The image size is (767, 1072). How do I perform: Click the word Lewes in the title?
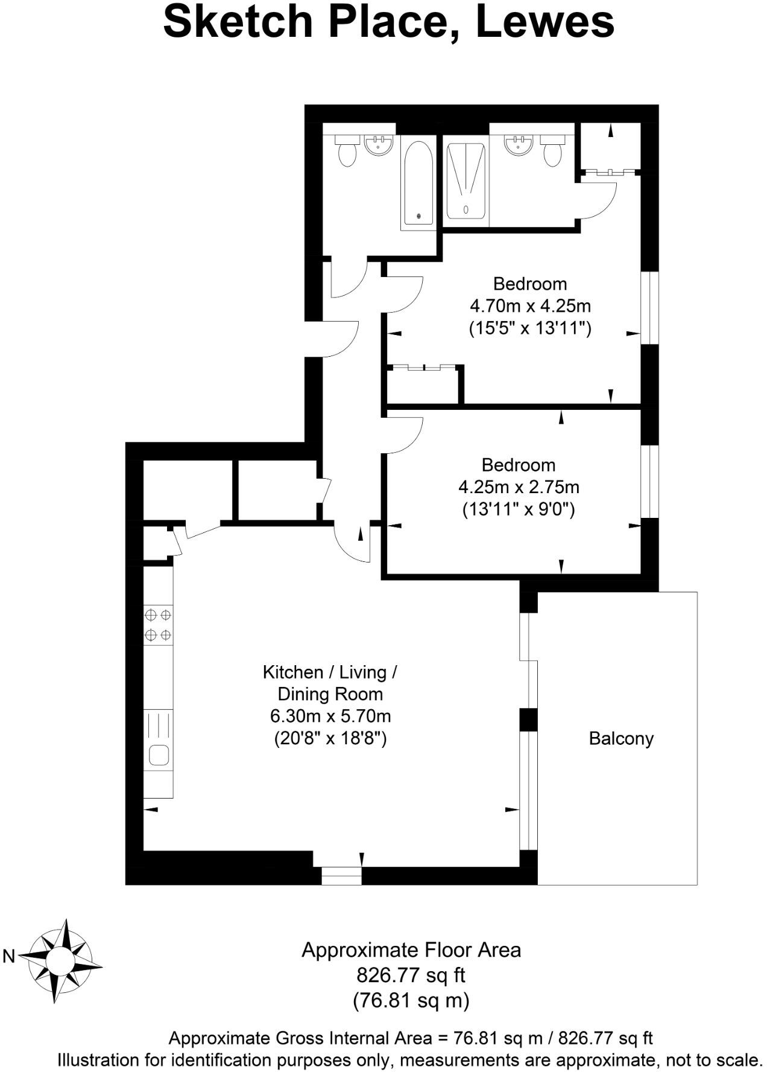click(x=544, y=22)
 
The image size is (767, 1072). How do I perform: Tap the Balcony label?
click(x=620, y=738)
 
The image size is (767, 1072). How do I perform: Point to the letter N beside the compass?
click(x=9, y=956)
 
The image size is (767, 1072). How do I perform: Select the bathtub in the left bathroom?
click(x=418, y=183)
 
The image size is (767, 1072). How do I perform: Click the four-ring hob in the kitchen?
click(x=158, y=625)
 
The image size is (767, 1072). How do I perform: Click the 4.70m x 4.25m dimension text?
click(x=530, y=306)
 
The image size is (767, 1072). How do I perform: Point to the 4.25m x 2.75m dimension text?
click(x=519, y=487)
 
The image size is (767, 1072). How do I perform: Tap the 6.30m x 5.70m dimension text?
click(x=330, y=716)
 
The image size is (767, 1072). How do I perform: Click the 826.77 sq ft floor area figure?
click(x=411, y=975)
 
